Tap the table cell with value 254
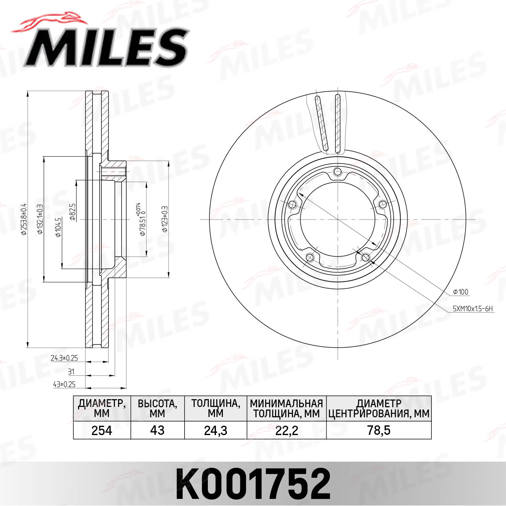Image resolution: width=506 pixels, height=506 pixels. click(x=102, y=431)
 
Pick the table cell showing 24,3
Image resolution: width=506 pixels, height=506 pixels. click(x=215, y=431)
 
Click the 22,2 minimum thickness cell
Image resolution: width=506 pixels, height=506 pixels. click(x=287, y=431)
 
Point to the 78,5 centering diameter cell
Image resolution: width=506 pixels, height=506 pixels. click(x=379, y=431)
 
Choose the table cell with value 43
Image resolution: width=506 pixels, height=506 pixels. click(x=157, y=431)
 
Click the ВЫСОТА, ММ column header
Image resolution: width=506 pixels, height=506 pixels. click(x=157, y=409)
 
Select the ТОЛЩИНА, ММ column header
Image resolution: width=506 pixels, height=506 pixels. click(x=215, y=409)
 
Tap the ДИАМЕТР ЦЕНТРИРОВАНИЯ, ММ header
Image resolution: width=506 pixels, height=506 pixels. click(x=379, y=409)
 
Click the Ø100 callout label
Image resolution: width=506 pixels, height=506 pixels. click(x=461, y=292)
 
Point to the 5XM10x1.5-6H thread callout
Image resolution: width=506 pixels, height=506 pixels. click(x=473, y=309)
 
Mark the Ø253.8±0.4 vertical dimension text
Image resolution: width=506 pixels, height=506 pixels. click(x=23, y=219)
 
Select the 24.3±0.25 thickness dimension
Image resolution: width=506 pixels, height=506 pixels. click(x=64, y=358)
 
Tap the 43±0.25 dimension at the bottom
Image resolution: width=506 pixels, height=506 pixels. click(x=64, y=384)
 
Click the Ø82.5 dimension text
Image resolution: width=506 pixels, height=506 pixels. click(x=73, y=212)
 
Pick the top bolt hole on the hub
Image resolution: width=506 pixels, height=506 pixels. click(x=338, y=172)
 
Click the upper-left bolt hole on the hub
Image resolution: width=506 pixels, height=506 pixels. click(x=292, y=205)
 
